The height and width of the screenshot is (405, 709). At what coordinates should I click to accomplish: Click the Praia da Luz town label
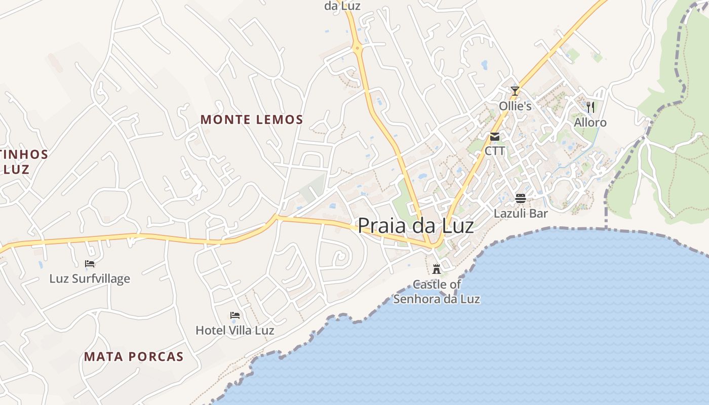click(x=416, y=226)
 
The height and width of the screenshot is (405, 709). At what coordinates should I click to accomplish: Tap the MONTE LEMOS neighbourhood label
click(x=252, y=120)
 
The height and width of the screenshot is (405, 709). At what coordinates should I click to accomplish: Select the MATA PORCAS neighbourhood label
click(x=134, y=357)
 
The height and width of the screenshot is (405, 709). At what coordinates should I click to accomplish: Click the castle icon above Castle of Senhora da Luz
click(x=437, y=269)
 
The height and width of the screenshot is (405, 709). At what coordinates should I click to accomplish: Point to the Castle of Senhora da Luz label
click(x=437, y=292)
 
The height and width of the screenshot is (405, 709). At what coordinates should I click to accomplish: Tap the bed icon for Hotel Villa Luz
click(x=234, y=315)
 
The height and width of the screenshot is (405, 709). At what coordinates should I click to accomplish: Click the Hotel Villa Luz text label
click(x=235, y=331)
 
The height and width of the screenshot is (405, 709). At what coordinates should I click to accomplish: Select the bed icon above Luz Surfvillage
click(x=90, y=263)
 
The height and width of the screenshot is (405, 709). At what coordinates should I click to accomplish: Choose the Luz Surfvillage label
click(x=90, y=278)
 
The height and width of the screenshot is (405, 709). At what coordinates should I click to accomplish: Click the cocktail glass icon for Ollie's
click(x=515, y=91)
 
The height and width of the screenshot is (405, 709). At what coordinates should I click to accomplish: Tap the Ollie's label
click(x=515, y=106)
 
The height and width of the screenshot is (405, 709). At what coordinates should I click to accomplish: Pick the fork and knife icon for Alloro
click(x=590, y=107)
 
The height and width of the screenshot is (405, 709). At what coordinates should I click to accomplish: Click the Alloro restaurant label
click(x=590, y=123)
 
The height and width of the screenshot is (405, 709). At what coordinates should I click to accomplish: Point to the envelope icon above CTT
click(x=495, y=136)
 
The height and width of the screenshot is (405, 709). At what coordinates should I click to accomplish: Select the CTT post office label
click(x=495, y=151)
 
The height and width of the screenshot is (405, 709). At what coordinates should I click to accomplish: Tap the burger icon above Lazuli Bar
click(x=521, y=197)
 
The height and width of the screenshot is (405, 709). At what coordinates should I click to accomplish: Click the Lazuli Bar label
click(x=521, y=213)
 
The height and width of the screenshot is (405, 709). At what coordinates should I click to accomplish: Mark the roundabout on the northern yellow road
click(x=358, y=49)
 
